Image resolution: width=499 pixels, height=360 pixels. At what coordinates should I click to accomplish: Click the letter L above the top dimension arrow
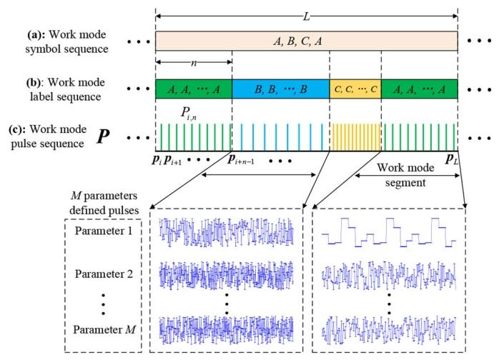pos(307,7)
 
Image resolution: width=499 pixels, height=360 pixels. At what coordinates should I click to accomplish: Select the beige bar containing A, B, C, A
pos(306,41)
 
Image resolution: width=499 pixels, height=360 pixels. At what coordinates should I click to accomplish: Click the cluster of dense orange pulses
pos(355,135)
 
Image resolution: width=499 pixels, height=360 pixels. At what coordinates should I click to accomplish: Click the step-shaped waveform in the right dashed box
pos(389,231)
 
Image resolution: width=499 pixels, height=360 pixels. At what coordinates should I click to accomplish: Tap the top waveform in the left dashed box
pos(227,232)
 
